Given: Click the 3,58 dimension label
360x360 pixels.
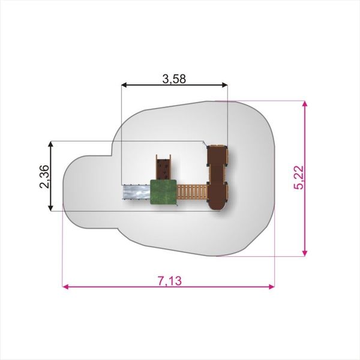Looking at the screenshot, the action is [174, 79].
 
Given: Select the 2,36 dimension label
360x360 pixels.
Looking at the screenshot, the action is [44, 176].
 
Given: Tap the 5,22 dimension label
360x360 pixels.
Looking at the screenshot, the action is [299, 178].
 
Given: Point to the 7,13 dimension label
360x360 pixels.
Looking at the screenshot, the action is [170, 281].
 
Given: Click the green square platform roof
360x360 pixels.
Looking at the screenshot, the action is [164, 192].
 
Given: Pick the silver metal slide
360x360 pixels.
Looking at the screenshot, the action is [136, 192].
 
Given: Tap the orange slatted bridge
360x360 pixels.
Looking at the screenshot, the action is [193, 192].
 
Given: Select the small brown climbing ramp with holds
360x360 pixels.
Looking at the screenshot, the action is [163, 167].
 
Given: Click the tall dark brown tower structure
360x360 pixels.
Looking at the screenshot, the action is [217, 177].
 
